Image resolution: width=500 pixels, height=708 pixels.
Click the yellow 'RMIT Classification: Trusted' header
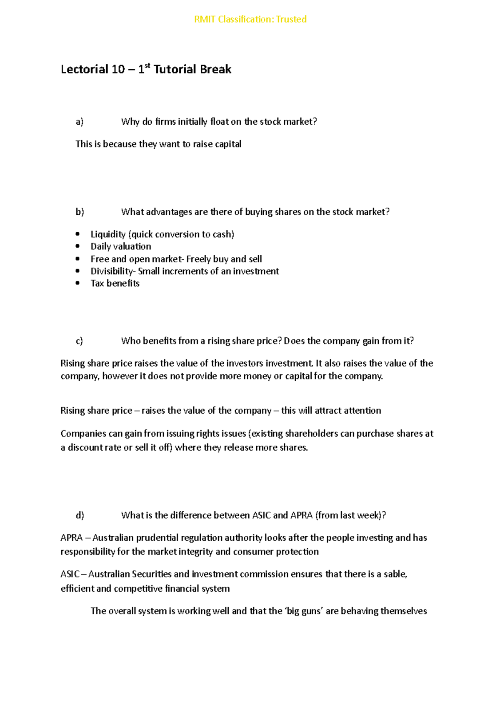250,19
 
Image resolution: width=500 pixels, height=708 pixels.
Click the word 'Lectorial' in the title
85,69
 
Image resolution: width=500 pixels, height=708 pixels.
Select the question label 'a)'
79,122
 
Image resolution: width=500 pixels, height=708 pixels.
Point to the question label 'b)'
80,212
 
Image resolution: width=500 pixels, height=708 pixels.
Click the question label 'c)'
79,341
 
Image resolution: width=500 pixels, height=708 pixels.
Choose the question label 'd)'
80,515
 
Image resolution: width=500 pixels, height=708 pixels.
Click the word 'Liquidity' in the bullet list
108,234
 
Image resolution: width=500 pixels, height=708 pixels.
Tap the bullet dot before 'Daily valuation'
77,246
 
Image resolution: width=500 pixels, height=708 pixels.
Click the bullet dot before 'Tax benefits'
77,283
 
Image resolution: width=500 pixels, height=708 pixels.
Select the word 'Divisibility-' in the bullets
113,271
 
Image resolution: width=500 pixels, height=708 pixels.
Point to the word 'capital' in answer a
228,144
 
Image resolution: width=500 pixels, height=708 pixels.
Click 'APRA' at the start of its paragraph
71,538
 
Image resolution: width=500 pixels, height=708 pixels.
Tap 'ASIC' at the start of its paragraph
70,574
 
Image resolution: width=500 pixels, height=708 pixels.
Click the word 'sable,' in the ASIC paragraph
395,574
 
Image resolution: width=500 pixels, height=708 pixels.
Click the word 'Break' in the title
216,69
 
